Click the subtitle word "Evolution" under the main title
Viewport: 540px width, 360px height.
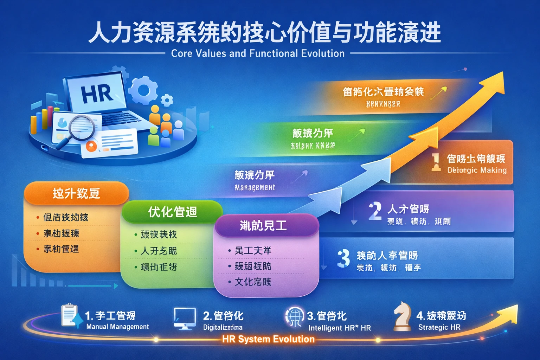click(323, 53)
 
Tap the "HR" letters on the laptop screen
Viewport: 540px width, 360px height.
click(97, 94)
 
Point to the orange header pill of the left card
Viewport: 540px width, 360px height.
click(76, 193)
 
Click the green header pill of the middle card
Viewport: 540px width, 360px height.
click(172, 212)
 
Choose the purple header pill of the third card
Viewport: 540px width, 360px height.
click(266, 225)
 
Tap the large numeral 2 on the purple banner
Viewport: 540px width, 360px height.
click(375, 211)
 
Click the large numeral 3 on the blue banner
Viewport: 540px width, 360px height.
click(343, 258)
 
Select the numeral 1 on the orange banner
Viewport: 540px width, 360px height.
click(436, 162)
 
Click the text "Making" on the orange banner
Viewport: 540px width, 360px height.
click(494, 170)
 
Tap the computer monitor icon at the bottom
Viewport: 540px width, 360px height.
click(185, 318)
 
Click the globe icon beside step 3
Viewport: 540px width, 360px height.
click(294, 316)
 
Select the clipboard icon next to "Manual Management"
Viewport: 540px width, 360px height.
click(70, 315)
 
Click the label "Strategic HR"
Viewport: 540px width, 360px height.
click(439, 327)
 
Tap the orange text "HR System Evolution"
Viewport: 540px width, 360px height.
click(268, 339)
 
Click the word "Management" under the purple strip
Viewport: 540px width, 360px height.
click(255, 187)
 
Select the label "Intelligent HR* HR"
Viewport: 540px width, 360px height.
click(339, 328)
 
